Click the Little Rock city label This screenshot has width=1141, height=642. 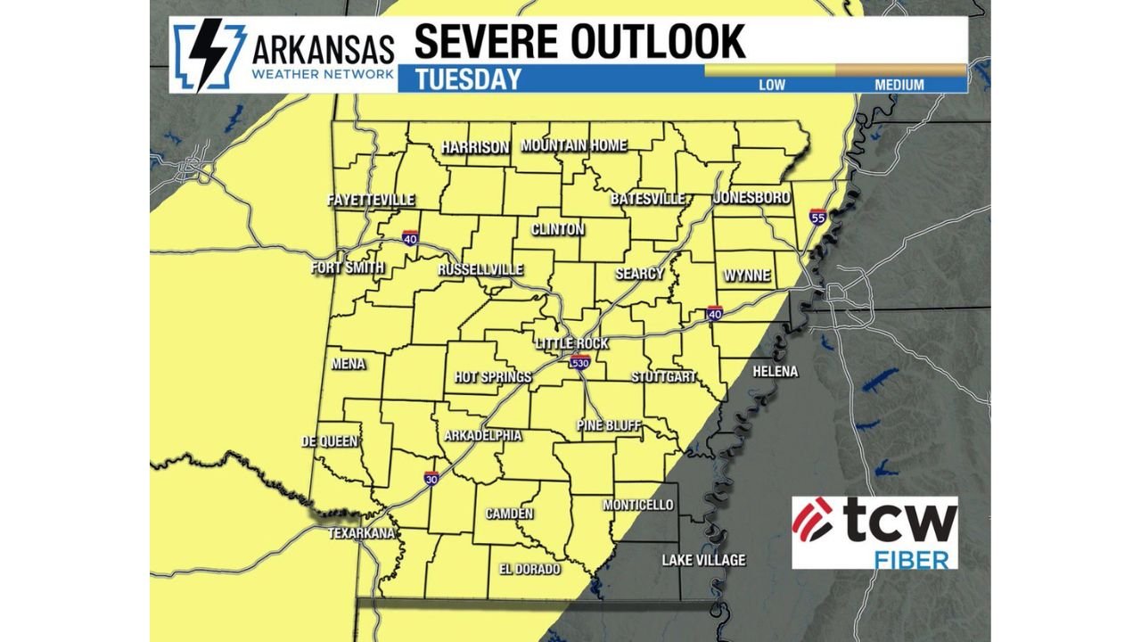pos(571,343)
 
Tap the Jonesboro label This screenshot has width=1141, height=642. pos(751,198)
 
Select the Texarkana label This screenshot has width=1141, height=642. pos(361,533)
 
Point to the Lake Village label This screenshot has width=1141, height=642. pos(703,560)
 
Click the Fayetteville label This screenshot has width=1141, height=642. pos(371,200)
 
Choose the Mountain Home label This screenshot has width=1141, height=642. pos(573,145)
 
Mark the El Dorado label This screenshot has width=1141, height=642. pos(529,569)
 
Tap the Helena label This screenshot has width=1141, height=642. pos(775,371)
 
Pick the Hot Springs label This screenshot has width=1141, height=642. pos(493,377)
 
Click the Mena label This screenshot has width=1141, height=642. pos(348,364)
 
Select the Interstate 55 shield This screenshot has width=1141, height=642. pos(817,216)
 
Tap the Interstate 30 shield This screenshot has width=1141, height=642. pos(431,479)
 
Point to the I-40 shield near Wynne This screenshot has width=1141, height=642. pos(715,312)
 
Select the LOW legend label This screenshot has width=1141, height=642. pos(771,86)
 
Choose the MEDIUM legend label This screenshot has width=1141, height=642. pos(899,86)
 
